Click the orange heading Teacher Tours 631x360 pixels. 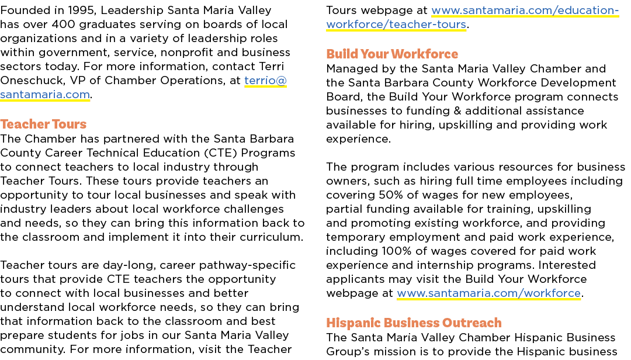(x=43, y=124)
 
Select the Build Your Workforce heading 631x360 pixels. (x=392, y=54)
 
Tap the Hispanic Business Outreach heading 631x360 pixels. (x=414, y=323)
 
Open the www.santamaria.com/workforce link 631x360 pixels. (x=488, y=293)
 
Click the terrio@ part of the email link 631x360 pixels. (x=265, y=81)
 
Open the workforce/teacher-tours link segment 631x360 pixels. (x=396, y=25)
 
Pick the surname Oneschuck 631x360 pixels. (x=33, y=81)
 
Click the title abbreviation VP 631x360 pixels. (x=78, y=81)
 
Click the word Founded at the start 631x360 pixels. (x=22, y=10)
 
